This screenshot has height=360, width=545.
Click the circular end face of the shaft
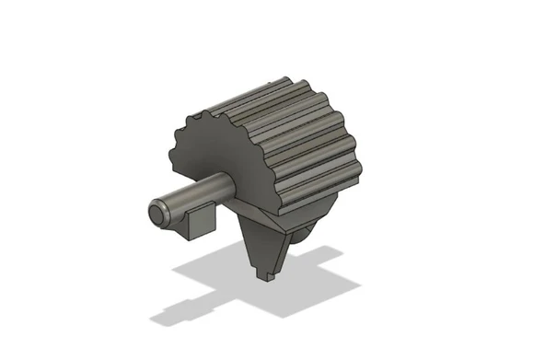tap(157, 215)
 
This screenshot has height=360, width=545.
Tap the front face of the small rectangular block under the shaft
tap(199, 224)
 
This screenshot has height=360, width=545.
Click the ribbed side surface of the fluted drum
tap(295, 138)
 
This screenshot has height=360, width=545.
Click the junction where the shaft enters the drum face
tap(229, 188)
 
